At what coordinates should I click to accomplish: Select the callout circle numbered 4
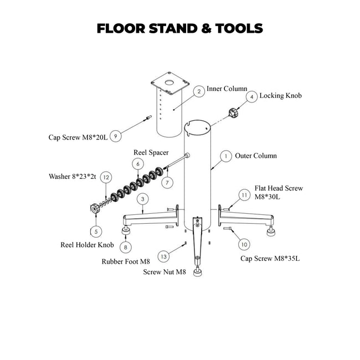click(x=251, y=96)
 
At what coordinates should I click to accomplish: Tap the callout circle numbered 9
click(x=116, y=135)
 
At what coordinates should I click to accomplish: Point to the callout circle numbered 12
click(x=106, y=177)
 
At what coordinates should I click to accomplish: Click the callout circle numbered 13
click(x=163, y=256)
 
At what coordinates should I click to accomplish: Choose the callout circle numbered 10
click(x=244, y=244)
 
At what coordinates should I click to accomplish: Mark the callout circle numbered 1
click(x=225, y=157)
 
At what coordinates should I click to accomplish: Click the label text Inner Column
click(x=227, y=89)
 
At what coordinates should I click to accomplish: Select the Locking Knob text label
click(x=280, y=96)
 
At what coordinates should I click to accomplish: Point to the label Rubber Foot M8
click(x=126, y=261)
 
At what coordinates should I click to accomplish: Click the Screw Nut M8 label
click(x=164, y=272)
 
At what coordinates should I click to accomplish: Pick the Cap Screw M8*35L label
click(x=270, y=259)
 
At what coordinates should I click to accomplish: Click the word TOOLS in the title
click(x=233, y=28)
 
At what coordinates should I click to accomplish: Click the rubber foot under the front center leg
click(x=197, y=272)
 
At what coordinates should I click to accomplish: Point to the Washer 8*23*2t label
click(x=73, y=177)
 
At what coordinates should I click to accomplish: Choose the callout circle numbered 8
click(x=126, y=247)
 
